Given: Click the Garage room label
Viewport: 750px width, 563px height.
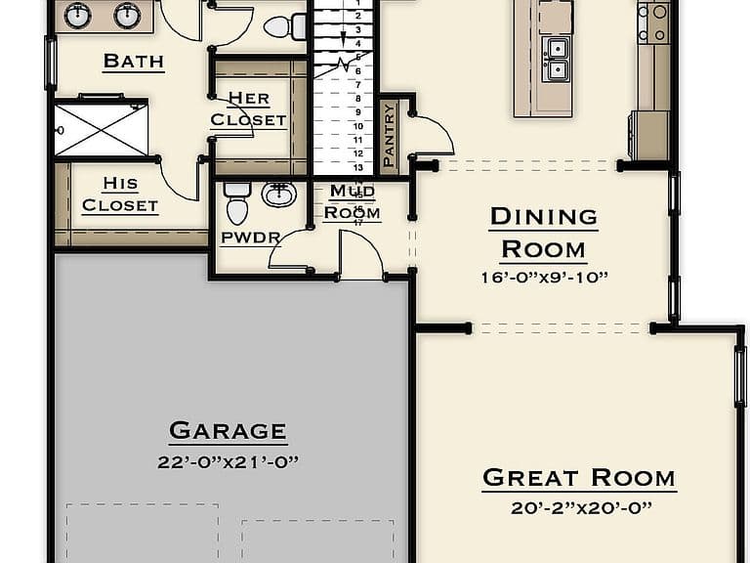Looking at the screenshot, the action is (x=228, y=430).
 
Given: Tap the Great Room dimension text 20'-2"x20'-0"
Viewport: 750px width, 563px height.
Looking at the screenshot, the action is (x=581, y=507).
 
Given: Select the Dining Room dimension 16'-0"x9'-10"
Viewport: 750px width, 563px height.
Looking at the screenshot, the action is (x=544, y=278).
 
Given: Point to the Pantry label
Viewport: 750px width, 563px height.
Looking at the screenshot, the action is (x=390, y=136).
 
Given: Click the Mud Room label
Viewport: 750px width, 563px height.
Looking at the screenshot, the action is (x=353, y=201).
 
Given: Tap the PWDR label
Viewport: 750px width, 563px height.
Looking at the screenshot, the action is (x=250, y=238).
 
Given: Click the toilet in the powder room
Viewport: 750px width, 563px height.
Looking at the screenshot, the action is (x=237, y=202).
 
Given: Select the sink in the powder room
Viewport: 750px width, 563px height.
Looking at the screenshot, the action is (x=279, y=194).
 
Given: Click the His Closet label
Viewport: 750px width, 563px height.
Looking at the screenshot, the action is (x=120, y=195).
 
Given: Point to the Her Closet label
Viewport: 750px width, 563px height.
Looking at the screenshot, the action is (x=248, y=108).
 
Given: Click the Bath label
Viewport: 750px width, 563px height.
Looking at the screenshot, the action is (x=134, y=61).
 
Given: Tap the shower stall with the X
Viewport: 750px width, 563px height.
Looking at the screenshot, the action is (x=101, y=129).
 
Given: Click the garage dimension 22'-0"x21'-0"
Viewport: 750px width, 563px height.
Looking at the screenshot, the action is (x=228, y=462).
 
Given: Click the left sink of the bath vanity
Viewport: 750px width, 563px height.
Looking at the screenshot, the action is (x=76, y=16).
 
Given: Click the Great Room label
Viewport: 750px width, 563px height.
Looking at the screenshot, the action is (x=579, y=477).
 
